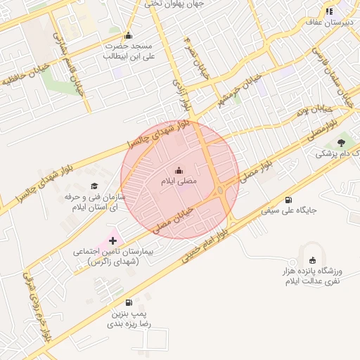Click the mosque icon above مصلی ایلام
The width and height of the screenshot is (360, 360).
coord(179,169)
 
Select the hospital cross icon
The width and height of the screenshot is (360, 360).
coord(112,240)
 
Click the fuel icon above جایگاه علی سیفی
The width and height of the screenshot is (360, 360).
coord(290,200)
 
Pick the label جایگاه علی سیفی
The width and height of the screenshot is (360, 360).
coord(290,210)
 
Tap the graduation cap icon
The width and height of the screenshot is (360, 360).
coord(94,186)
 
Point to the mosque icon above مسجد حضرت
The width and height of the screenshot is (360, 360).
coord(127,36)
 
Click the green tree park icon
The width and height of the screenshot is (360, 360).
coord(341,143)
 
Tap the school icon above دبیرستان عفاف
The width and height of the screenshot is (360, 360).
coord(329,11)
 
